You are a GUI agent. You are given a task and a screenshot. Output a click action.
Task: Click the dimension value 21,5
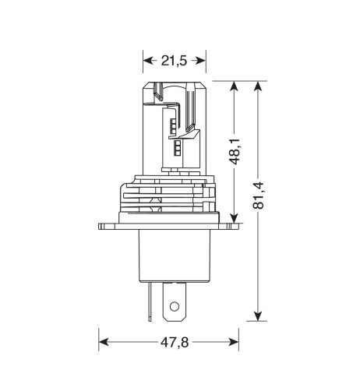(x=174, y=61)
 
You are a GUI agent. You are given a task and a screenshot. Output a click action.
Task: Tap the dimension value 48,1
(x=235, y=152)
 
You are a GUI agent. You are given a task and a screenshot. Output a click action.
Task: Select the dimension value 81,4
(x=258, y=195)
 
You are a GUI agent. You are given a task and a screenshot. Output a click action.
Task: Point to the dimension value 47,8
(x=175, y=343)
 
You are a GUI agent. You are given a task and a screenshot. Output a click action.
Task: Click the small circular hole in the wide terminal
(x=175, y=306)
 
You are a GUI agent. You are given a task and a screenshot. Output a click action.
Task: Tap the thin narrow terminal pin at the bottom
(x=150, y=301)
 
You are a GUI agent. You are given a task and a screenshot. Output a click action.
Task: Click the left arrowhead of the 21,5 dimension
(x=149, y=61)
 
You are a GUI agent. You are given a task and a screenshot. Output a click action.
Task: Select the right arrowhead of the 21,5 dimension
(x=200, y=61)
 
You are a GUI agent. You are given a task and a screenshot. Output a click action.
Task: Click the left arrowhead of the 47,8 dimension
(x=104, y=342)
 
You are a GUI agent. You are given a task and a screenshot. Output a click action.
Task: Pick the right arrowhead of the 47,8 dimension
(x=234, y=342)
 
